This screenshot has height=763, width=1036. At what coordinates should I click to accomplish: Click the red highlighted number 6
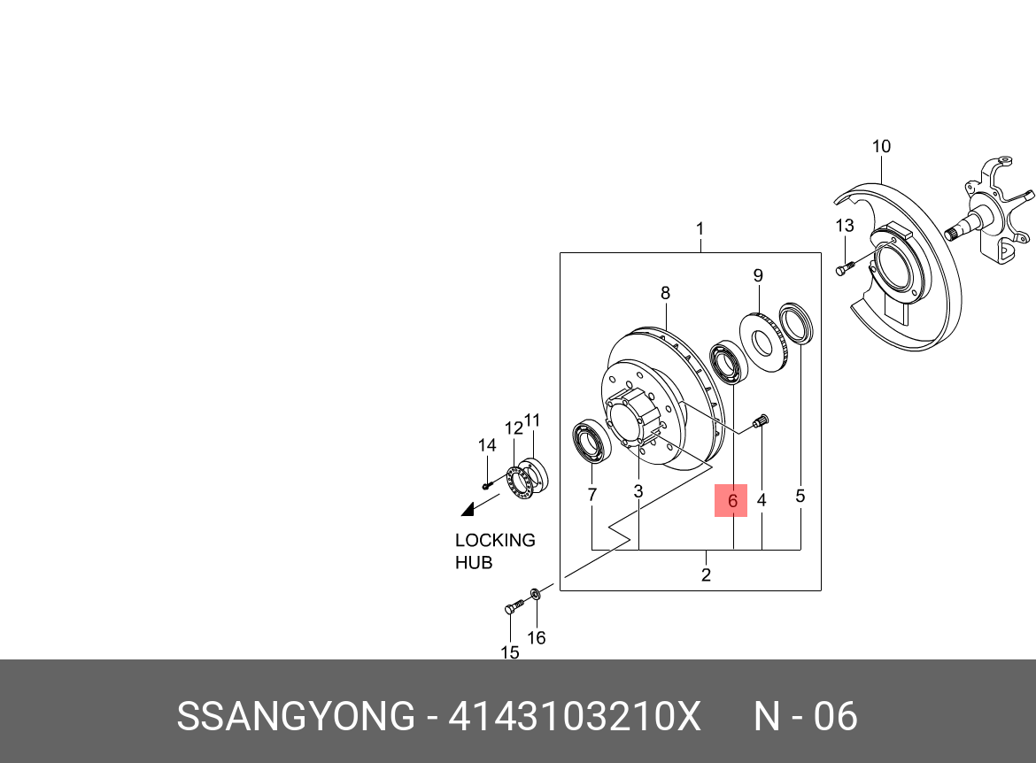pos(731,501)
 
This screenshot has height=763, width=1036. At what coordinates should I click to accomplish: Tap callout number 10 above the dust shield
pos(881,147)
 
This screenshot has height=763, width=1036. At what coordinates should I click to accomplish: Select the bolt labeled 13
pos(845,267)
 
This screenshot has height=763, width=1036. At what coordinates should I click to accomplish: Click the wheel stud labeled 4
pos(761,420)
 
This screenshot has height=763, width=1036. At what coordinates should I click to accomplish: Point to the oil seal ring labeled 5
pos(796,323)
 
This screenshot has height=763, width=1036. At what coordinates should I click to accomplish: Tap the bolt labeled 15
pos(514,605)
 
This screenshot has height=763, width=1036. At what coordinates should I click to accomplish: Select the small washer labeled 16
pos(537,593)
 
